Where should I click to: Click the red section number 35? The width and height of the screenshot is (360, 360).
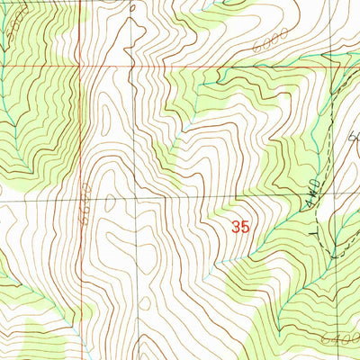239,228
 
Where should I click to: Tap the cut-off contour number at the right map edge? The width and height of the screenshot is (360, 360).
354,138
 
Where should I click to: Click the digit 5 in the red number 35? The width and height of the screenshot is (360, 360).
244,228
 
